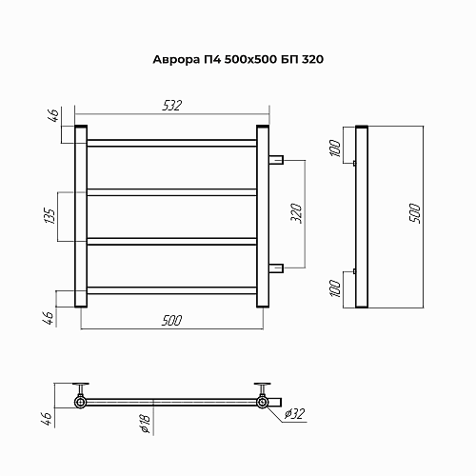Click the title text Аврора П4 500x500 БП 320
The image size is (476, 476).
(238, 59)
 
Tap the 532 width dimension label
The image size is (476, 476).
(172, 106)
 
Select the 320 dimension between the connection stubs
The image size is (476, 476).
(296, 213)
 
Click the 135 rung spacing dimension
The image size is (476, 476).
(50, 216)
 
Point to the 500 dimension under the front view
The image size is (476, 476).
(171, 321)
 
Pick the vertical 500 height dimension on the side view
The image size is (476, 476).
(415, 213)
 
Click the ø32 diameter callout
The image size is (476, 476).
(295, 414)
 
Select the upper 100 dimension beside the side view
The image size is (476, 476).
(335, 148)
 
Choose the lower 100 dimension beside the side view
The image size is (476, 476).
(335, 288)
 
